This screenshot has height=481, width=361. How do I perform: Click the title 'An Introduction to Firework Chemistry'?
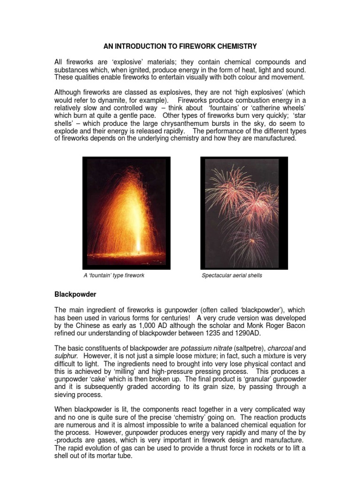180,47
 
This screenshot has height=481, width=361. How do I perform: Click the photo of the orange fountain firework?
126,213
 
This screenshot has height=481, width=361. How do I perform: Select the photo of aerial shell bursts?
240,213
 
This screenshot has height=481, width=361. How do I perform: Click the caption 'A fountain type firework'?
113,275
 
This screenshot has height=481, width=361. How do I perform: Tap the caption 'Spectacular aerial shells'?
232,275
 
